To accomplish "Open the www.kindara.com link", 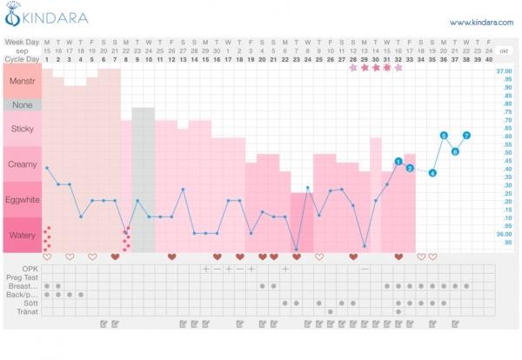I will point(475,22).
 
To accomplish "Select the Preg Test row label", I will point(26,277).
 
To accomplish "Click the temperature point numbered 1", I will point(398,162).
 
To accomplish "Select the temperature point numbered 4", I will point(432,173).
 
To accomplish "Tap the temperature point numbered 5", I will point(444,136).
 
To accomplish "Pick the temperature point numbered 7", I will point(466,136).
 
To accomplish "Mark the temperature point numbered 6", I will point(455,151).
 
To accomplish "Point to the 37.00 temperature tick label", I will point(503,71).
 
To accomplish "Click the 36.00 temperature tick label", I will point(503,234).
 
